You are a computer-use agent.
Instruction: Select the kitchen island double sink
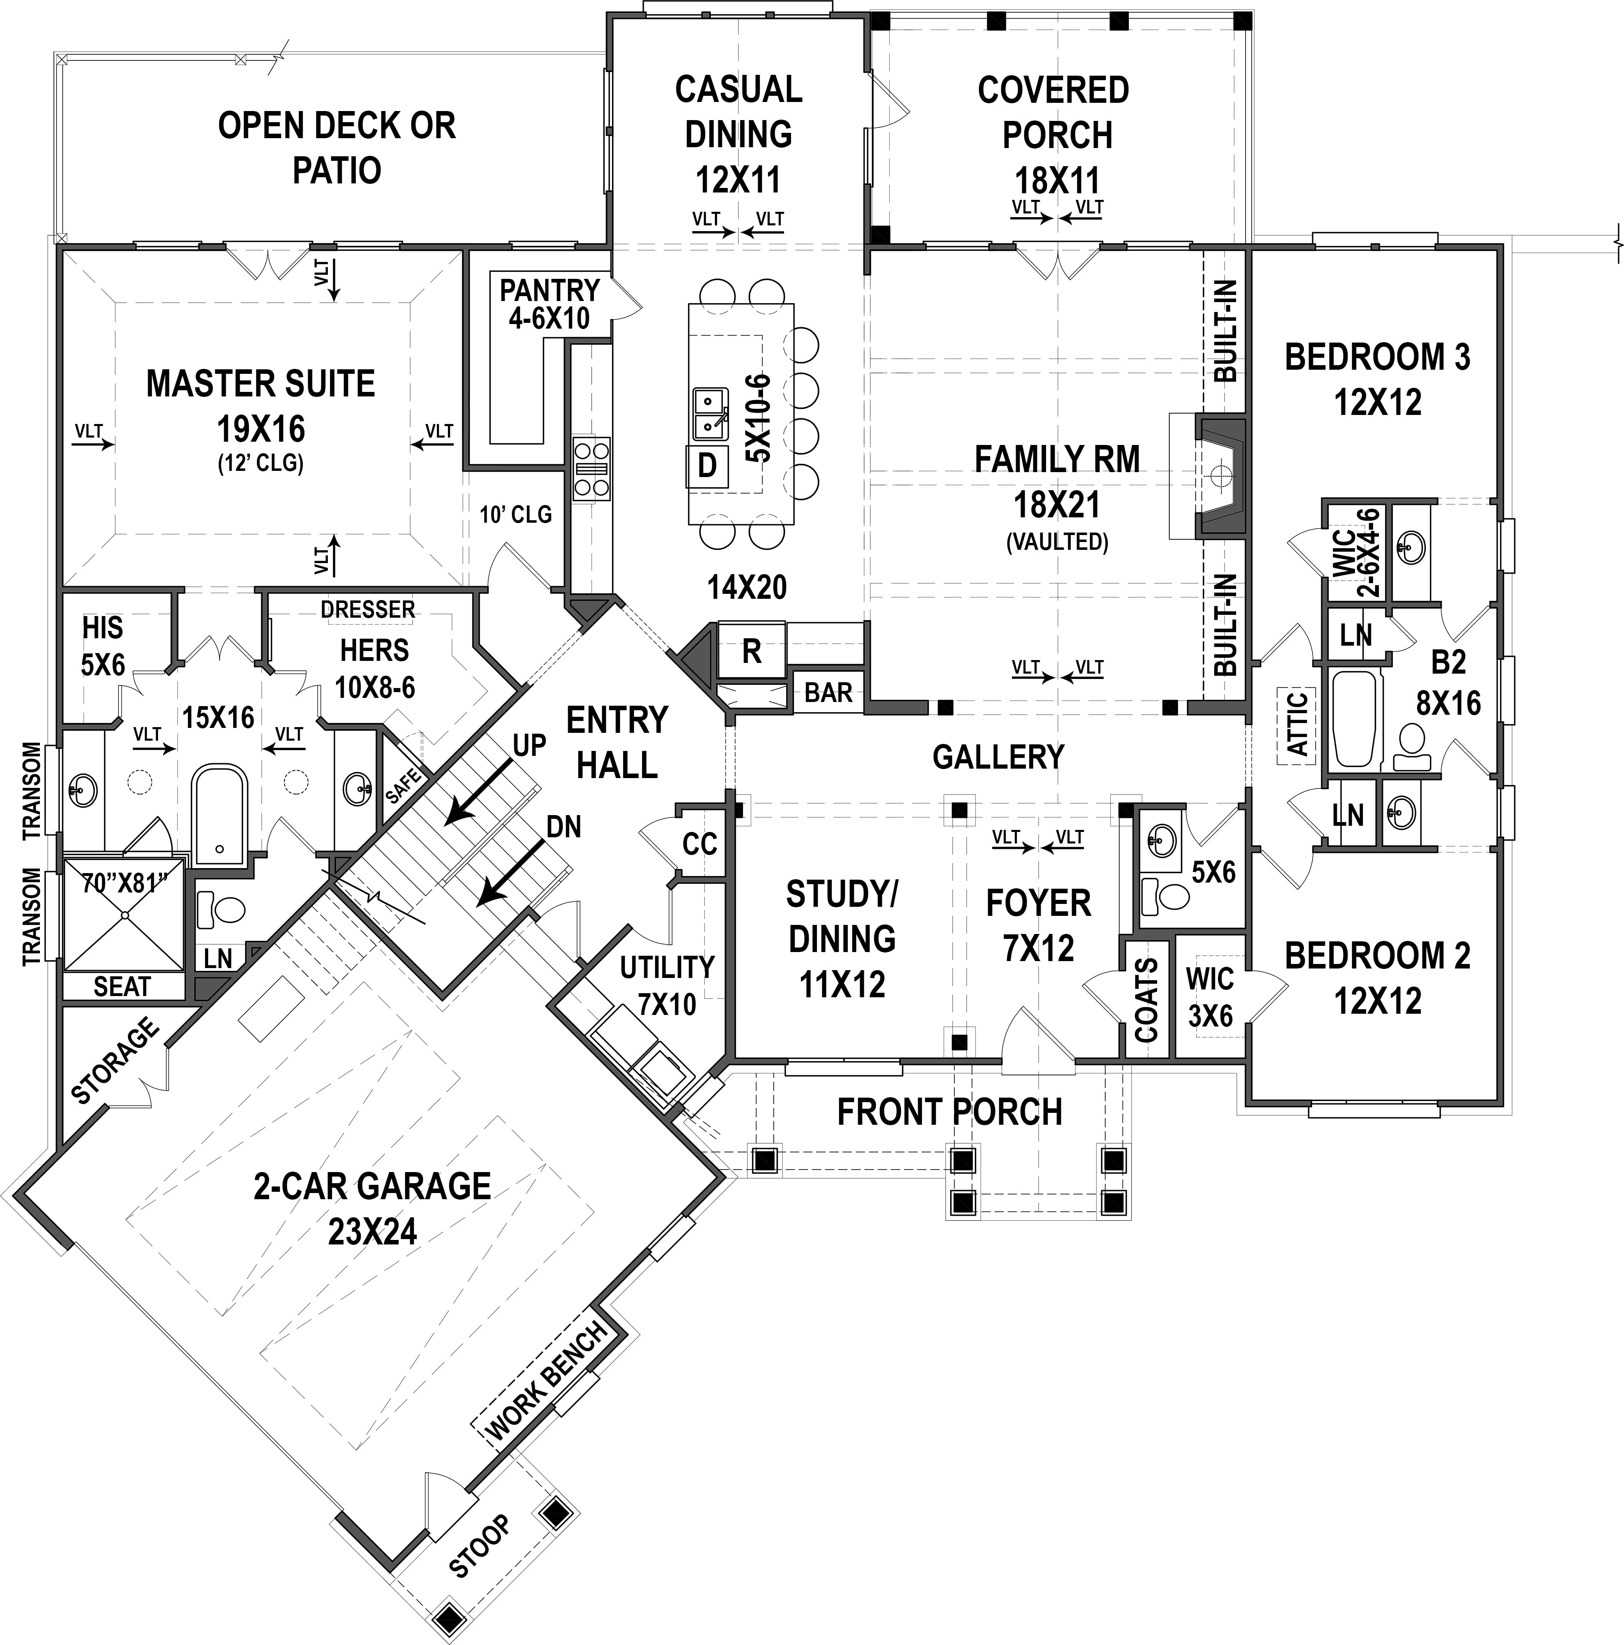[x=710, y=413]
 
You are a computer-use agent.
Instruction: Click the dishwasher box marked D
[x=707, y=466]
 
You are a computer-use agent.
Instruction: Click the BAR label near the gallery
[x=828, y=692]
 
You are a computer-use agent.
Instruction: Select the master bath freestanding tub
[x=220, y=813]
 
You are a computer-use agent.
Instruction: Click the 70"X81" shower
[x=123, y=915]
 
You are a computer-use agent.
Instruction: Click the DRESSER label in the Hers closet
[x=368, y=609]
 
